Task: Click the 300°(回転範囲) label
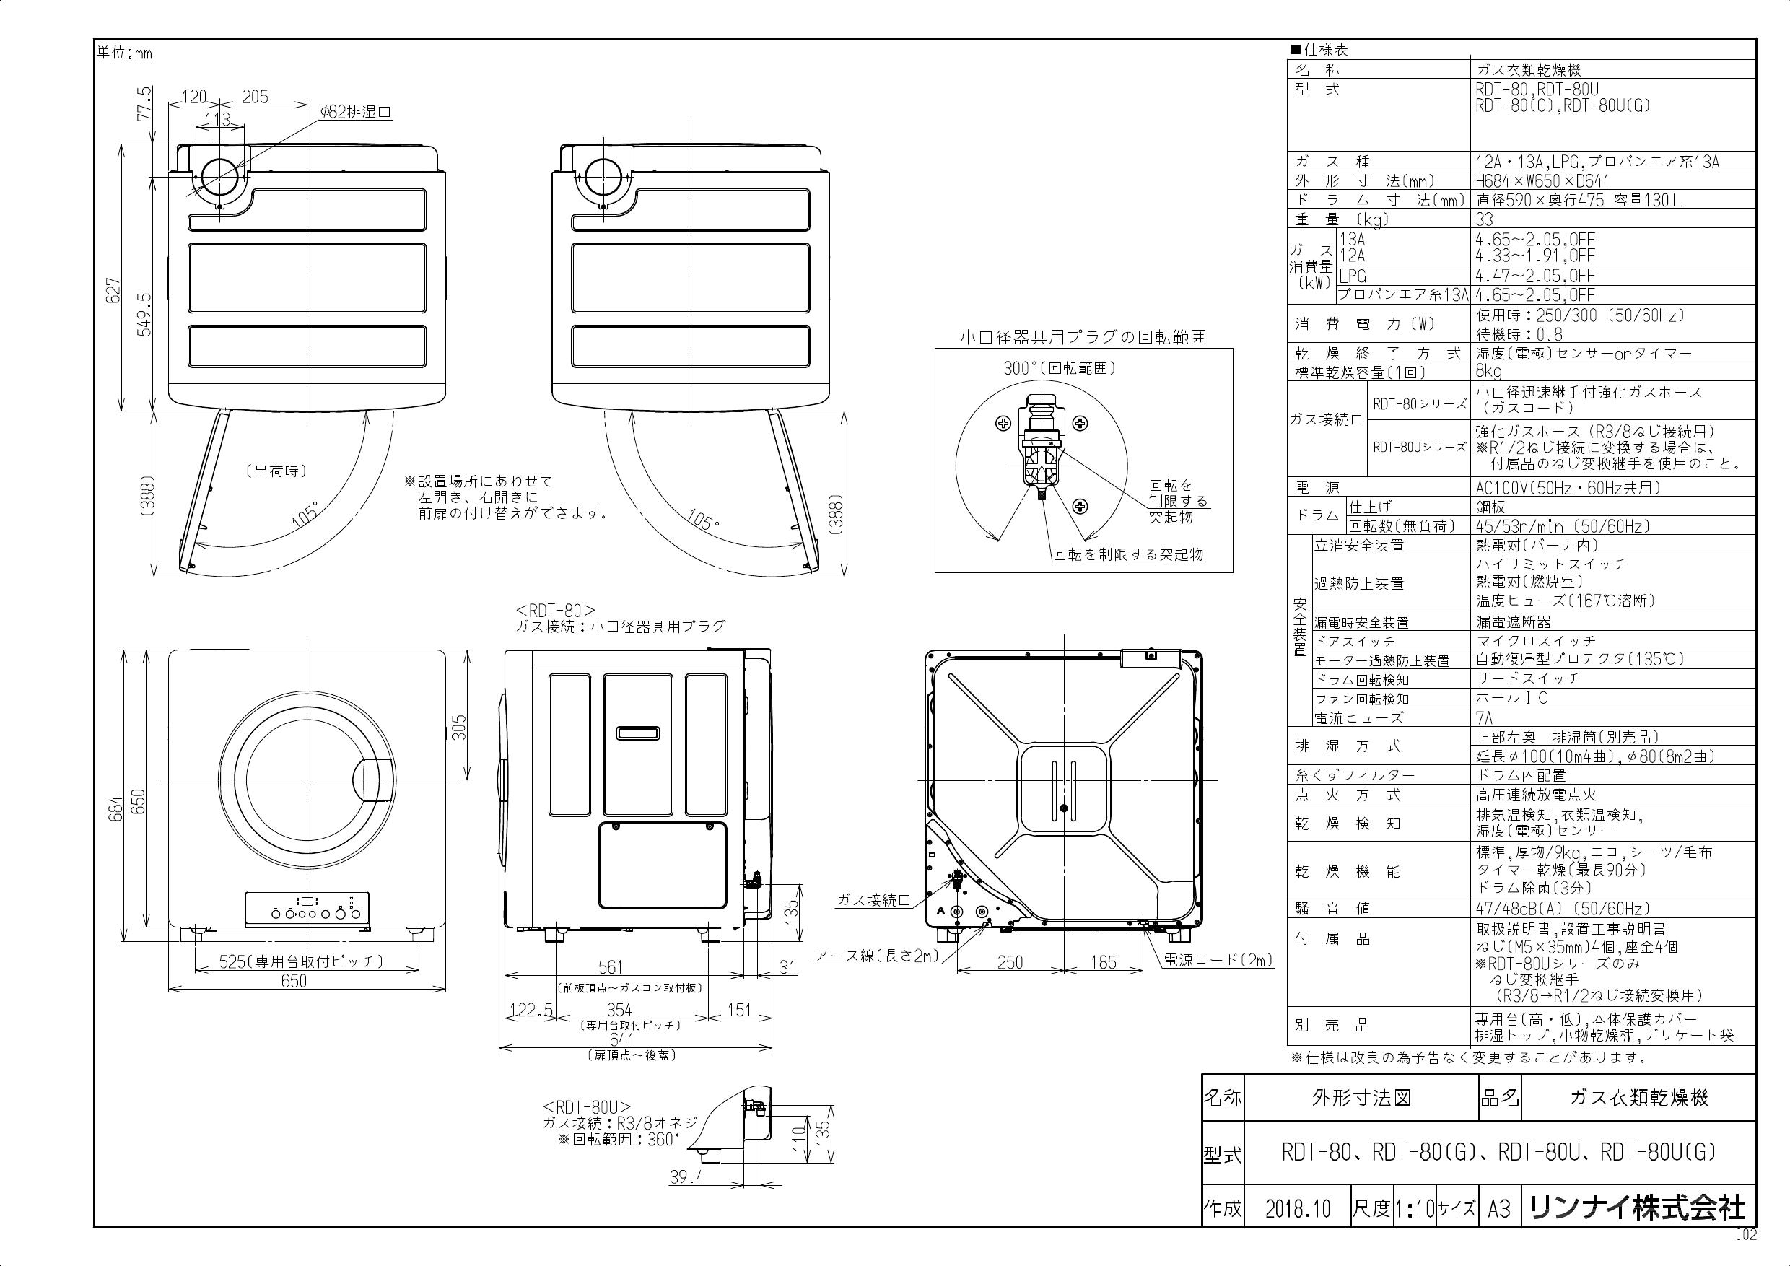tap(1060, 369)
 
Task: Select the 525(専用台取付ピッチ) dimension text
tap(300, 961)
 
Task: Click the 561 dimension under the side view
tap(611, 967)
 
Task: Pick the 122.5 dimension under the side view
tap(531, 1010)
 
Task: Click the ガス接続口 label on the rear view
tap(873, 900)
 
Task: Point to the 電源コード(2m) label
tap(1218, 961)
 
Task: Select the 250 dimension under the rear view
tap(1010, 963)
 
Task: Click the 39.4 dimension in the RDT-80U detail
tap(687, 1178)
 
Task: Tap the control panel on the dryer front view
tap(307, 910)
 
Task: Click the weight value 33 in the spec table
tap(1485, 220)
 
